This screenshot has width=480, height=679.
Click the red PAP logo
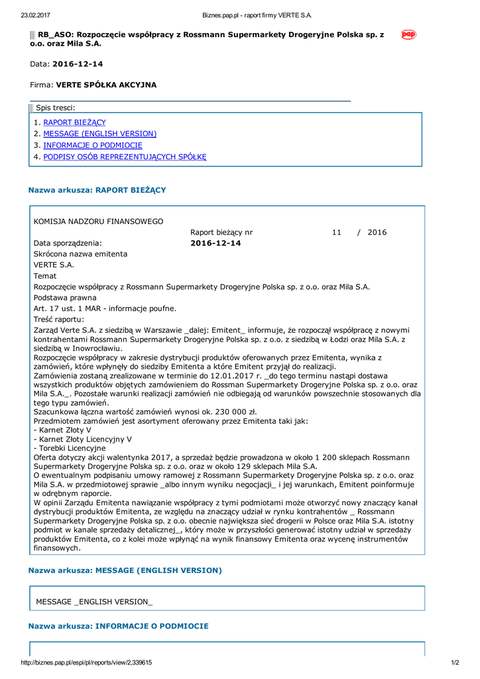pyautogui.click(x=408, y=34)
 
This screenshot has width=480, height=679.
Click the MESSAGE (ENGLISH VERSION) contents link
pyautogui.click(x=99, y=134)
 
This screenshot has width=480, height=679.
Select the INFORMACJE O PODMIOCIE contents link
pyautogui.click(x=93, y=145)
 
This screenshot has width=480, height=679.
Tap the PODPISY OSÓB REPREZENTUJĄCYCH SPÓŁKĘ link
pyautogui.click(x=125, y=157)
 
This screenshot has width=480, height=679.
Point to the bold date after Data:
pyautogui.click(x=78, y=64)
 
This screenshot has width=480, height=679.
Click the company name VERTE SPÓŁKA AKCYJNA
pyautogui.click(x=106, y=86)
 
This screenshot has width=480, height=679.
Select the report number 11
pyautogui.click(x=337, y=233)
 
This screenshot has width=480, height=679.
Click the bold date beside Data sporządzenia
pyautogui.click(x=215, y=243)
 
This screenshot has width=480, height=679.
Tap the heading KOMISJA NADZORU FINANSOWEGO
pyautogui.click(x=99, y=221)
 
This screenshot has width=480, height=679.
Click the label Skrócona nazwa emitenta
pyautogui.click(x=80, y=254)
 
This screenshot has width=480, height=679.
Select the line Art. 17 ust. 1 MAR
pyautogui.click(x=105, y=308)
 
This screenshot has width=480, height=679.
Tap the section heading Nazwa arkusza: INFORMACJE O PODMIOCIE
pyautogui.click(x=118, y=626)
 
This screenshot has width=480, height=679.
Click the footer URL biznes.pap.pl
pyautogui.click(x=87, y=662)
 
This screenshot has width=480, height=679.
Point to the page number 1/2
pyautogui.click(x=455, y=662)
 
